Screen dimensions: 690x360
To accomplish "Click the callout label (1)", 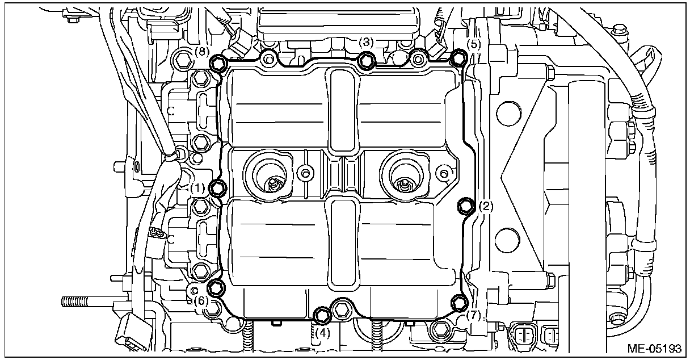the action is [197, 188].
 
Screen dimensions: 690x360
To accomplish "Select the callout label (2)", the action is [486, 206].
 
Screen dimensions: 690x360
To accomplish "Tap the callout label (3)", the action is [366, 42].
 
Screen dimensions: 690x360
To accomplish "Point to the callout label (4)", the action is [322, 333].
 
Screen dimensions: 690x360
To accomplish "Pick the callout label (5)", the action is [473, 44].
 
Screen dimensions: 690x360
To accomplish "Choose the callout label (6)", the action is [201, 300].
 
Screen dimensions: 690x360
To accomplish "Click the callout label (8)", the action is [202, 52].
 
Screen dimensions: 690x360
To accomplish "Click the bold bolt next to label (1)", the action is [218, 188].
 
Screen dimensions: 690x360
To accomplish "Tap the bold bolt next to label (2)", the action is [465, 206].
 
